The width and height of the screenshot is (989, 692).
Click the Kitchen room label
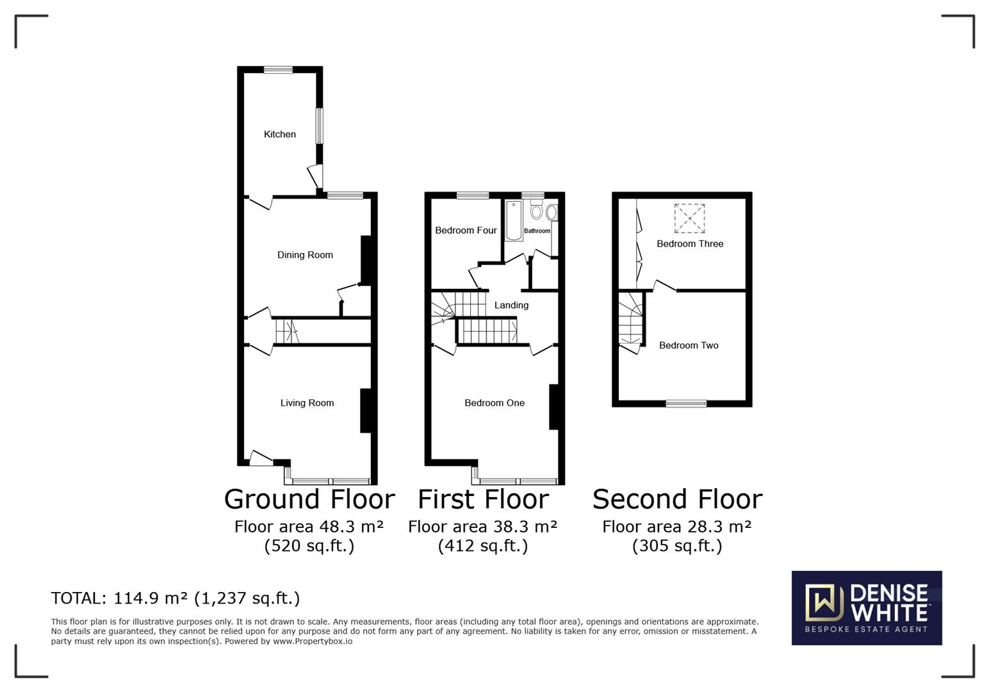point(280,135)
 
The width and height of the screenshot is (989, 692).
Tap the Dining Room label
point(305,255)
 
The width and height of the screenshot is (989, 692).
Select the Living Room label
point(307,403)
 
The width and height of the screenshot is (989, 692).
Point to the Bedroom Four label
point(466,231)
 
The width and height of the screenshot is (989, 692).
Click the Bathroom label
point(537,231)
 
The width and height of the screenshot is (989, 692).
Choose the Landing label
point(511,306)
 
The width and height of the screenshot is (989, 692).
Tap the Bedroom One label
point(495,403)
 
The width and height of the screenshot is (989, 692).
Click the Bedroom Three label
point(690,244)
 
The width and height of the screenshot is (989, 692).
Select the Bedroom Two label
point(689,345)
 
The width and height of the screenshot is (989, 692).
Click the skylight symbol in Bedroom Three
point(689,218)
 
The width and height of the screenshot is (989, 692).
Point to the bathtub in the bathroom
point(514,221)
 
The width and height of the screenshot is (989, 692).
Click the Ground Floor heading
point(309,499)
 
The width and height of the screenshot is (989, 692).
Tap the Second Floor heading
point(677,499)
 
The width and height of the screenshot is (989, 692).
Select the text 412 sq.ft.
point(483,546)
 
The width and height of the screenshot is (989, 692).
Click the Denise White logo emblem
point(823,603)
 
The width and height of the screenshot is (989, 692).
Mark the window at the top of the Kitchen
point(278,70)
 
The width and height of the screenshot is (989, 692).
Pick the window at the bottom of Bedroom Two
point(686,404)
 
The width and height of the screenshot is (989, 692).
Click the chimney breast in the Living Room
point(366,411)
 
